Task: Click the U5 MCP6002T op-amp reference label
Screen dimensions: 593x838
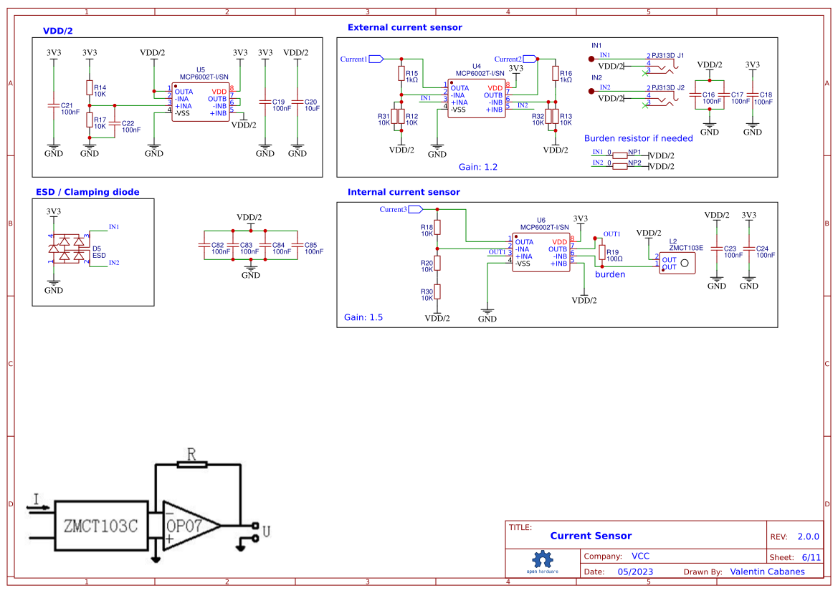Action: (200, 70)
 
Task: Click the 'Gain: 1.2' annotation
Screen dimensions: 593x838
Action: (477, 166)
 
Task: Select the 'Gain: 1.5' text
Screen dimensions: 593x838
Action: (363, 317)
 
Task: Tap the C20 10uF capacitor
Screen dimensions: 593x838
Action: (297, 105)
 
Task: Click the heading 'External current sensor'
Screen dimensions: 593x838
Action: (404, 27)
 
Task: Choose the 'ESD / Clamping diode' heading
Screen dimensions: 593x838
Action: (87, 192)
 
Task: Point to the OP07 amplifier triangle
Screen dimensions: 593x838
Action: (188, 526)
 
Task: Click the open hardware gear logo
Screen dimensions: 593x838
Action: (542, 560)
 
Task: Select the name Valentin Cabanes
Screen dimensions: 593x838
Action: (767, 572)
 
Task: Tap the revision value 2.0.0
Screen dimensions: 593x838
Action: (808, 536)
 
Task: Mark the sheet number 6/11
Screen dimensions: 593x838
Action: (810, 557)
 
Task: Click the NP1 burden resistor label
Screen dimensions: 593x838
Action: (634, 153)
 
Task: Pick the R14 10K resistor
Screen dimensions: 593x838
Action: (90, 87)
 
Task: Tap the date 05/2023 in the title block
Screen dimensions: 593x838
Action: (635, 572)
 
